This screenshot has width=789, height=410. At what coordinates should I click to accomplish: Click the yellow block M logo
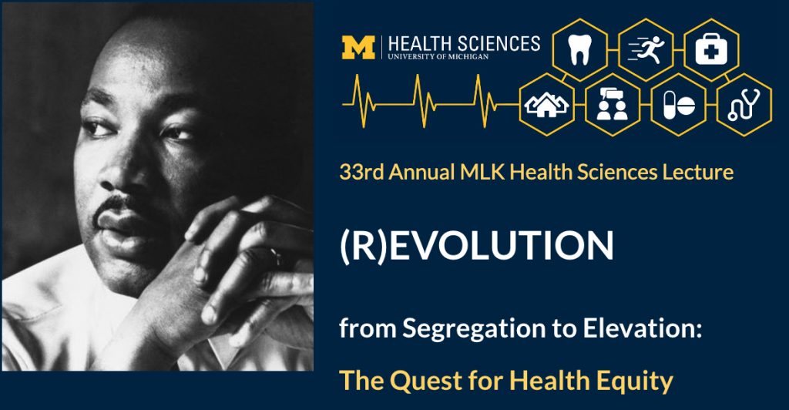pos(358,47)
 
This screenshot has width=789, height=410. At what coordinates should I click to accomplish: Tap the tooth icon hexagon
pos(580,50)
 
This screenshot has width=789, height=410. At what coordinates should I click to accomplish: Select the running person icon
pos(646,50)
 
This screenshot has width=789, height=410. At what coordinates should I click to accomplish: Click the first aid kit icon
pos(711,50)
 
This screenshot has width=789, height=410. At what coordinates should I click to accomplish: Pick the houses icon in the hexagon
pos(546,105)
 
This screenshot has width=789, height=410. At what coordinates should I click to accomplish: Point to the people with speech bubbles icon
pos(613,105)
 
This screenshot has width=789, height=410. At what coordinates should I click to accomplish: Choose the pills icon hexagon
pos(678,105)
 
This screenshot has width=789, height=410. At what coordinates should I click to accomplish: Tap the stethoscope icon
pos(744,105)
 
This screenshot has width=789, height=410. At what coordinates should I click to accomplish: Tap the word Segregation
pos(474,328)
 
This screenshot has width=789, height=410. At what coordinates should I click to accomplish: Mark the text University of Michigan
pos(438,57)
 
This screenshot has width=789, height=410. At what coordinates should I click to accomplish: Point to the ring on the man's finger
pos(277,257)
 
